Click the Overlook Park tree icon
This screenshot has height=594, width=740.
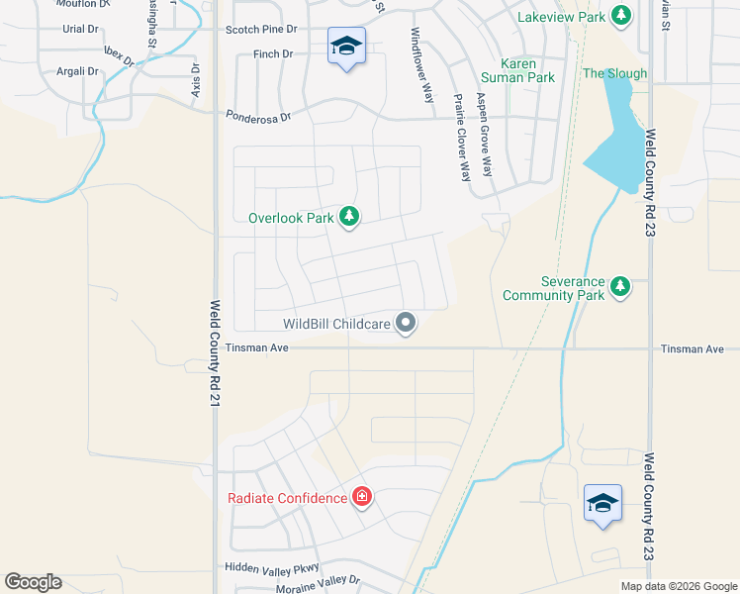[x=348, y=216]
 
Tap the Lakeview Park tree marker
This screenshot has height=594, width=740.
[x=620, y=16]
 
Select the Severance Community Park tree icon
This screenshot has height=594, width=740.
[x=620, y=287]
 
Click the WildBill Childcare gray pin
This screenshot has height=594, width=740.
[x=406, y=322]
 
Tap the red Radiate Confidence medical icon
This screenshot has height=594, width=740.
[x=362, y=497]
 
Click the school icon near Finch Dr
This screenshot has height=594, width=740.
[x=347, y=47]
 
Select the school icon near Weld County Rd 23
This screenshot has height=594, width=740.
[x=602, y=503]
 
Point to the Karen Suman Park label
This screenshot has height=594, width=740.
[x=517, y=70]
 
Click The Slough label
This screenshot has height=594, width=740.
[x=614, y=73]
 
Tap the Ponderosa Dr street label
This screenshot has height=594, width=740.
[x=258, y=116]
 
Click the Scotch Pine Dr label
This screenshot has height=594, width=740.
[x=262, y=31]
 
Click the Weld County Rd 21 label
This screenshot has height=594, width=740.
[x=214, y=353]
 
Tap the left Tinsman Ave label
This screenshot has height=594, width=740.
[x=256, y=347]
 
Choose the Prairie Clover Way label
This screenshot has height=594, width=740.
[x=460, y=138]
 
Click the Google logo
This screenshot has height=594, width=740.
[x=33, y=582]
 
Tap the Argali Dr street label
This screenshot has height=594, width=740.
[x=79, y=71]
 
